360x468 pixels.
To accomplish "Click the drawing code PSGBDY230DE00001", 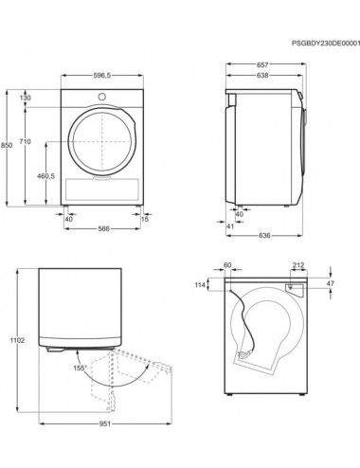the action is click(326, 44).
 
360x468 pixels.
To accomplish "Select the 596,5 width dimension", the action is click(102, 76).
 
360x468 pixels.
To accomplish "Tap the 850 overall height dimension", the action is click(7, 145).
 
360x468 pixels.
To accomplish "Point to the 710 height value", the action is click(26, 142).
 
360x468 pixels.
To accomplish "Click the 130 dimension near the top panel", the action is click(26, 98).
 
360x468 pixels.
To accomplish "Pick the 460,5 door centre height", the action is click(45, 176).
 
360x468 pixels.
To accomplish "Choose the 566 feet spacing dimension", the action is click(103, 228).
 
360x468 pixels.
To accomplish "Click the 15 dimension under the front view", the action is click(145, 219).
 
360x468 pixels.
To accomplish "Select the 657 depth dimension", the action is click(262, 64).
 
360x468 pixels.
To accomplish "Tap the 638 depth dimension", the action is click(262, 76).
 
